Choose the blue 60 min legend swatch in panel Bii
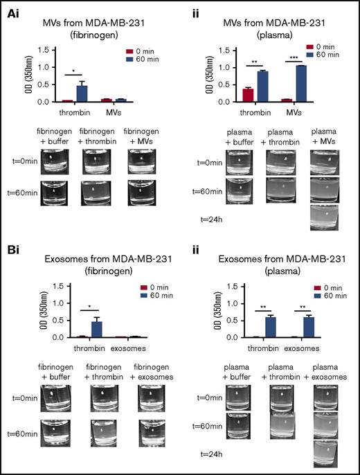click(308, 293)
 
